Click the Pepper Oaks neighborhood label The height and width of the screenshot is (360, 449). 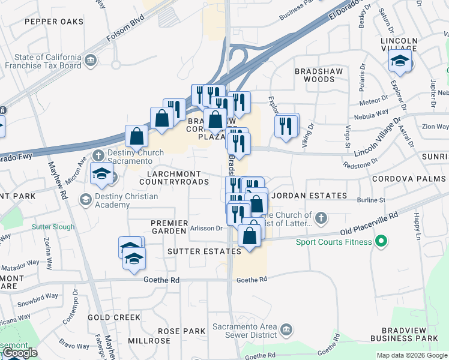[x=54, y=22]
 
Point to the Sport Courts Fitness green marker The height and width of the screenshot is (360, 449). [x=379, y=242]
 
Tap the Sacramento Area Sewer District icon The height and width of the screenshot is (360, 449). [x=287, y=329]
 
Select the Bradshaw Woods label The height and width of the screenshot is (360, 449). [x=315, y=75]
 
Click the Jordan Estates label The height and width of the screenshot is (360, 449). [x=309, y=196]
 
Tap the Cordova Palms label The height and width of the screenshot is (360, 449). [x=409, y=179]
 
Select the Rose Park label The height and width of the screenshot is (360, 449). [x=182, y=331]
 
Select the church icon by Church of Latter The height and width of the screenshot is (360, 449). [x=321, y=217]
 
